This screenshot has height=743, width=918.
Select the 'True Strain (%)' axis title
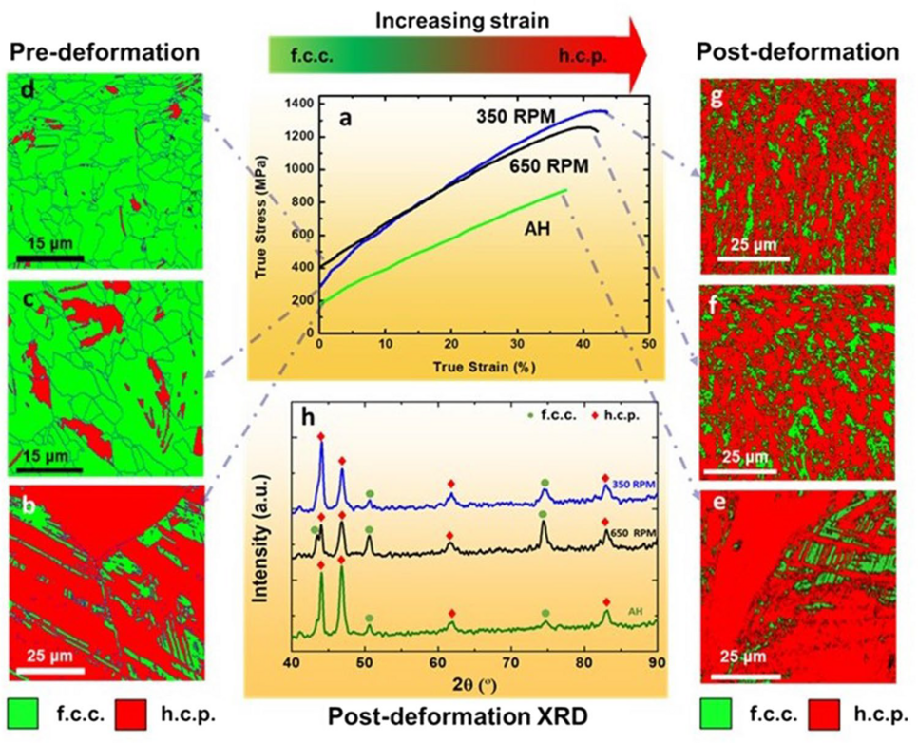click(x=485, y=364)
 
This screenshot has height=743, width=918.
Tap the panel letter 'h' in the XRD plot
click(x=308, y=415)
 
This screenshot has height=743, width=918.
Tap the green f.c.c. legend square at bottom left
click(x=21, y=711)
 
